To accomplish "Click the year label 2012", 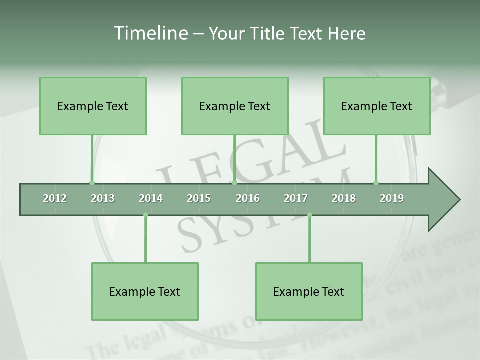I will click(55, 198).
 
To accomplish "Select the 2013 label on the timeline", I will click(103, 198).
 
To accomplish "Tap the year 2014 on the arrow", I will click(151, 198).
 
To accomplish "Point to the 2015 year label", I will click(199, 198).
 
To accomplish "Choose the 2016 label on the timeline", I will click(248, 198).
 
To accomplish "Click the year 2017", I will click(296, 198).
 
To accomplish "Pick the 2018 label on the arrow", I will click(344, 198).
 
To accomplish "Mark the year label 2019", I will click(392, 198).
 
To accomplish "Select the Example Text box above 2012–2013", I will click(93, 106).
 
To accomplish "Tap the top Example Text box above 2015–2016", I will click(235, 106).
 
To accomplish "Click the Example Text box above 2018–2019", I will click(377, 106).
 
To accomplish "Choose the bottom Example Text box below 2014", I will click(145, 291).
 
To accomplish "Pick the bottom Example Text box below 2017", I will click(309, 291).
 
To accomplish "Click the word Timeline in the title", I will click(150, 33).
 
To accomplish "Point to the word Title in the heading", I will click(268, 33).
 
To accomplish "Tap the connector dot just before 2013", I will click(92, 183).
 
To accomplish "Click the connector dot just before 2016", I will click(234, 183).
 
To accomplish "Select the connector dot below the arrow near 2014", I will click(145, 215).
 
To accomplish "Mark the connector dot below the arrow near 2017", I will click(309, 215).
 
